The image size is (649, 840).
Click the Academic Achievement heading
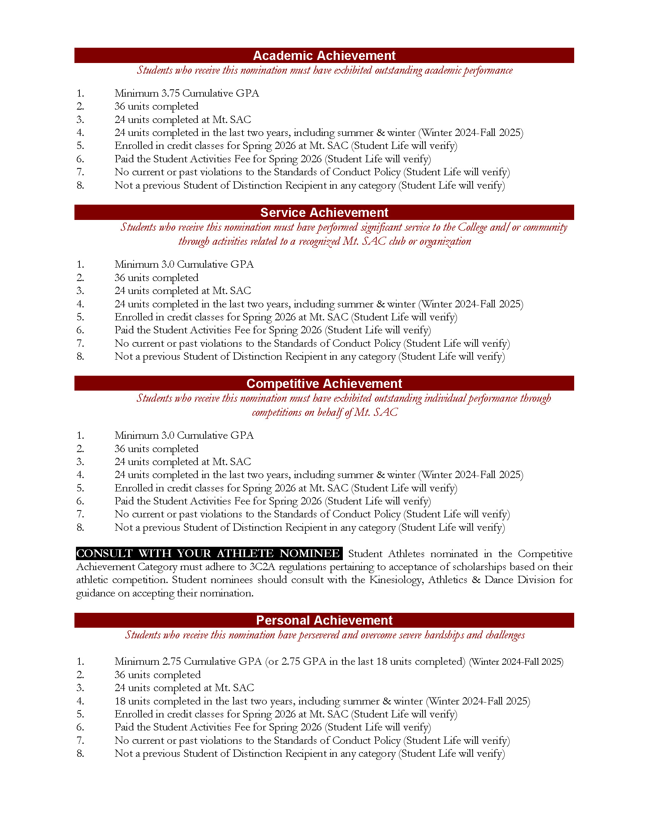click(x=324, y=56)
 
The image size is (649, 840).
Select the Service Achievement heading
click(x=324, y=212)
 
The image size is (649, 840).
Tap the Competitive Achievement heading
click(x=324, y=383)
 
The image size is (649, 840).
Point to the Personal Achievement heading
click(x=324, y=620)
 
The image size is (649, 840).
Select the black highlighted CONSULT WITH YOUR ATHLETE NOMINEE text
click(x=209, y=554)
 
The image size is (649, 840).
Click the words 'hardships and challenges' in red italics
click(x=475, y=635)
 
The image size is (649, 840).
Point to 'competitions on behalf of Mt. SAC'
click(x=324, y=413)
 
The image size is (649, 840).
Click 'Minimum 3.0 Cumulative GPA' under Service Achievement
click(x=184, y=265)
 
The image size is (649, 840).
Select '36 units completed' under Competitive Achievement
click(x=156, y=449)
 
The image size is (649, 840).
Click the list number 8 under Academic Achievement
click(x=80, y=186)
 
